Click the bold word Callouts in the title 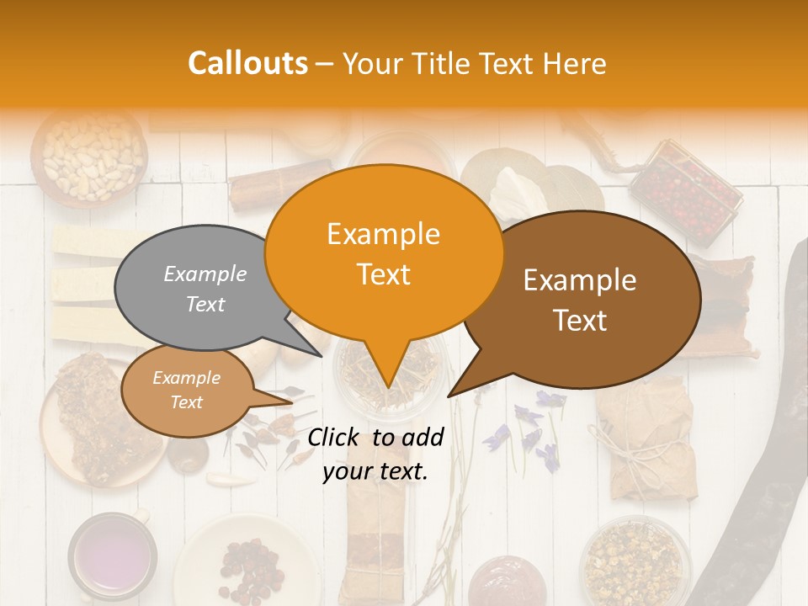247,63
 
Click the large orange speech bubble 383,252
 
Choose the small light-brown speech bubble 186,391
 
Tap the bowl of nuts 88,157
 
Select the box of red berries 685,189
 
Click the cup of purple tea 112,555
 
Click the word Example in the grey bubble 205,274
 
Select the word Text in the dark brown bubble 581,321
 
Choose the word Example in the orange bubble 383,234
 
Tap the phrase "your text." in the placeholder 375,471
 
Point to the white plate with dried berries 244,560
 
